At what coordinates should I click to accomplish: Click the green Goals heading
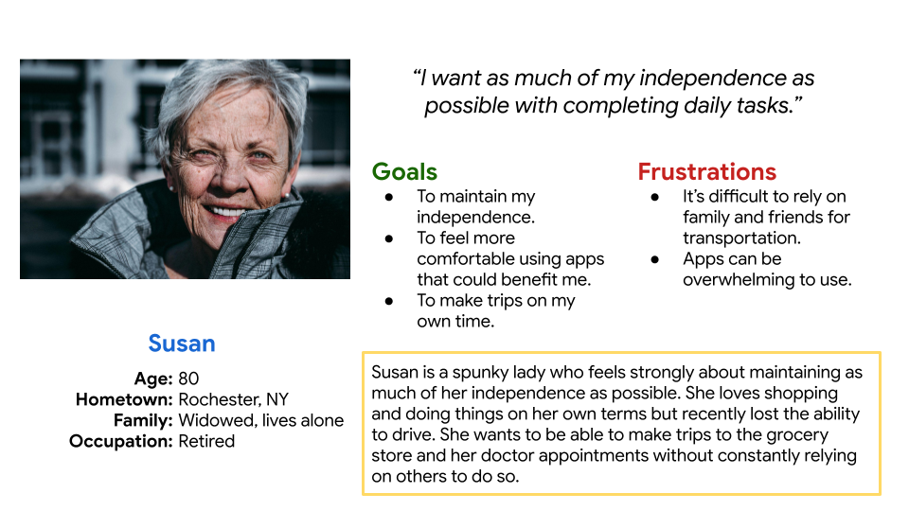pyautogui.click(x=404, y=171)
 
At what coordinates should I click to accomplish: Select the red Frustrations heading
pyautogui.click(x=706, y=171)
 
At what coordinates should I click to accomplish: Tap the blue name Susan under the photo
pyautogui.click(x=182, y=344)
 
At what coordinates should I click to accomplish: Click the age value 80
pyautogui.click(x=188, y=379)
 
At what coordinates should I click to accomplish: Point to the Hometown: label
pyautogui.click(x=124, y=399)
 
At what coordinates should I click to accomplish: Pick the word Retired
pyautogui.click(x=206, y=441)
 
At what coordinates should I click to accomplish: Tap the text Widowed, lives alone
pyautogui.click(x=260, y=420)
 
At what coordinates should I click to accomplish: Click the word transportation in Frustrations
pyautogui.click(x=740, y=238)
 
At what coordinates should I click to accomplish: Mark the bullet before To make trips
pyautogui.click(x=389, y=301)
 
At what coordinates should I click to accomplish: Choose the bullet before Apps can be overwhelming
pyautogui.click(x=655, y=259)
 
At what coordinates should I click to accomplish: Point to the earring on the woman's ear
pyautogui.click(x=287, y=196)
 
